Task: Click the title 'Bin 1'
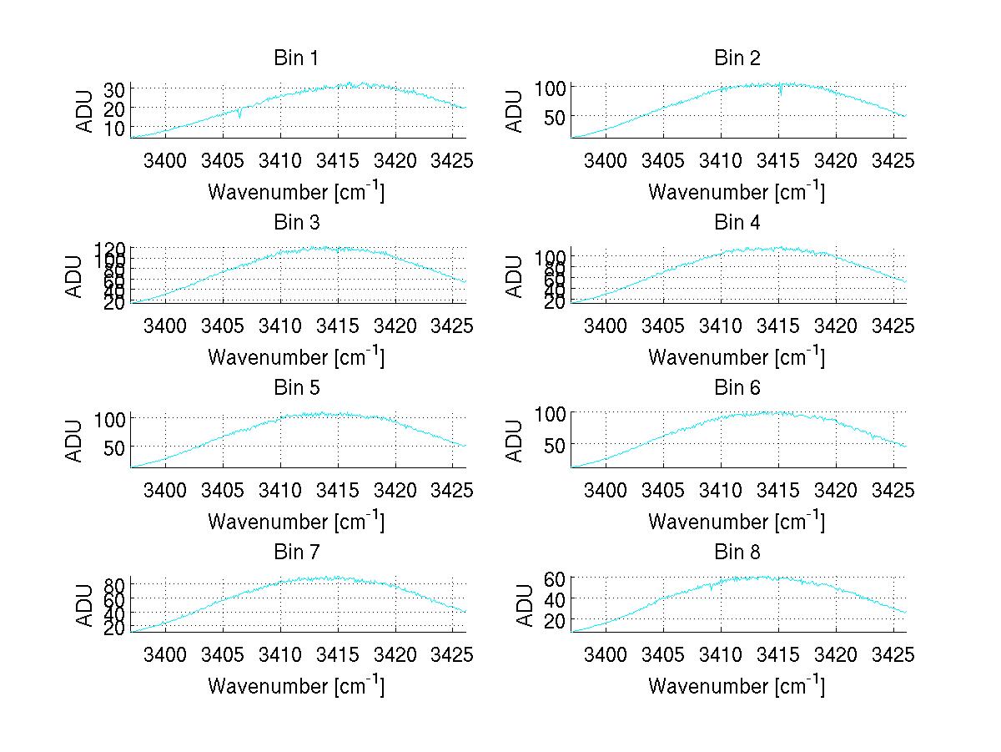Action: tap(295, 58)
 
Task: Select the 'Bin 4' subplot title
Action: tap(737, 223)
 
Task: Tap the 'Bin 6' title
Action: tap(737, 387)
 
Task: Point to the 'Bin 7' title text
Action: tap(295, 552)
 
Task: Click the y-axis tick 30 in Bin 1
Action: tap(115, 88)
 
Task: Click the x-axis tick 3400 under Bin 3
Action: tap(165, 325)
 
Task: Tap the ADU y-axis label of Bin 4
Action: tap(515, 276)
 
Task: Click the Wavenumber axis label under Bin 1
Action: tap(296, 192)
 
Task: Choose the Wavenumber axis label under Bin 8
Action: tap(737, 686)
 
